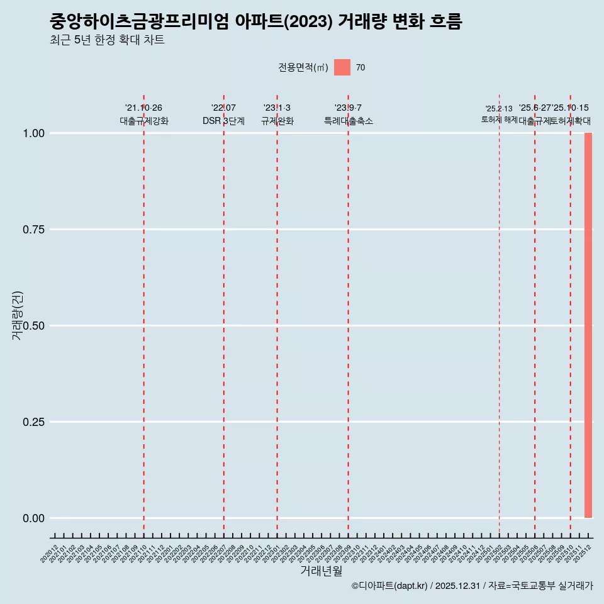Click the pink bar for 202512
[588, 325]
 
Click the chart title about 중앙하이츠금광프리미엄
[256, 22]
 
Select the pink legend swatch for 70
[342, 67]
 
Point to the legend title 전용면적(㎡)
[303, 68]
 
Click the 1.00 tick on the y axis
[32, 133]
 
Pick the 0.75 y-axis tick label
[32, 230]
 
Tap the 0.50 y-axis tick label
[32, 326]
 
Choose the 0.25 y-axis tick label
[32, 422]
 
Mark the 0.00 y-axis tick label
[32, 518]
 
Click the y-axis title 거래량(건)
[18, 316]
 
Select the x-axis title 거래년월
[321, 571]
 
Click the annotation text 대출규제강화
[144, 121]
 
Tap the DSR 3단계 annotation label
[223, 121]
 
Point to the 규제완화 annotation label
[277, 121]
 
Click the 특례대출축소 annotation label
[349, 121]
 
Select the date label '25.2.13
[499, 109]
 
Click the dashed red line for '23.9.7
[348, 315]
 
